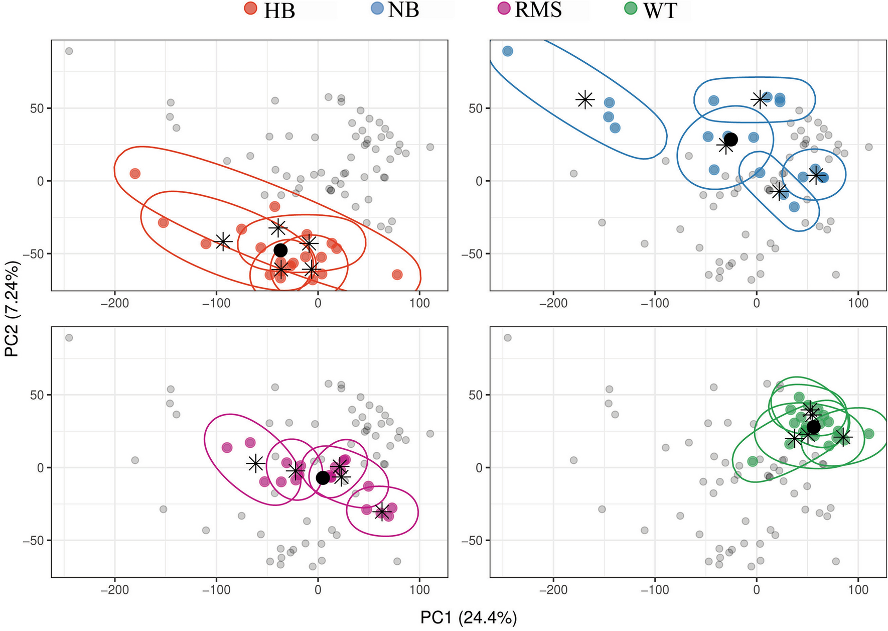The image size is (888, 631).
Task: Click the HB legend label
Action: coord(279,11)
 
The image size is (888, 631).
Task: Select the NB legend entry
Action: coord(403,10)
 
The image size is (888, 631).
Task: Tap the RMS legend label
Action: coord(538,10)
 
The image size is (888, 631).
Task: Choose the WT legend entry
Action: coord(660,11)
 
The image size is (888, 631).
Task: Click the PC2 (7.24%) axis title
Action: coord(12,309)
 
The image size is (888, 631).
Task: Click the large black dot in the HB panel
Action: coord(280,250)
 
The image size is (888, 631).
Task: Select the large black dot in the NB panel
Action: coord(731,140)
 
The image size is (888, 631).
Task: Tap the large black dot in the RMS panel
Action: coord(323,478)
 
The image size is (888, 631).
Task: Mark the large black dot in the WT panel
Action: coord(813,427)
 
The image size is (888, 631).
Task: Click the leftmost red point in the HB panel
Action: coord(135,174)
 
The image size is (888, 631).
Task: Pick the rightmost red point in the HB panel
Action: coord(397,275)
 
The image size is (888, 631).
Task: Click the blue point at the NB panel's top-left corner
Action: coord(508,51)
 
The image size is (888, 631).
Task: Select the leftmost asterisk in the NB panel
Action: coord(585,99)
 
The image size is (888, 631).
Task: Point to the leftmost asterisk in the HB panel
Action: coord(223,241)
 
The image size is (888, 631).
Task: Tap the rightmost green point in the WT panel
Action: coord(869,434)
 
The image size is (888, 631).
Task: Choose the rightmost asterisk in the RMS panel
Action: coord(382,512)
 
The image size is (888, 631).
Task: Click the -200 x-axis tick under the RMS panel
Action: coord(115,590)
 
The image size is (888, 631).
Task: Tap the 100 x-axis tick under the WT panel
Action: coord(858,590)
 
